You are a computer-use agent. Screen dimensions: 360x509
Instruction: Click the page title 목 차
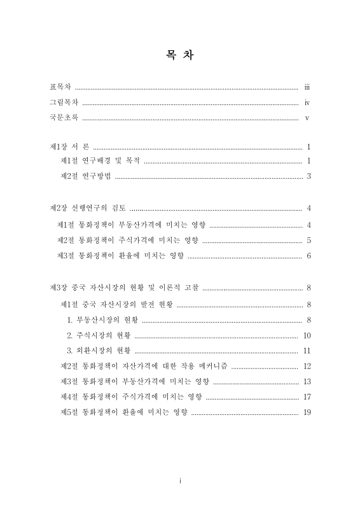180,55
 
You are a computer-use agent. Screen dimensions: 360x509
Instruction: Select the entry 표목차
60,86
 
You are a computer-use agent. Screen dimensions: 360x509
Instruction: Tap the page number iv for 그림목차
307,102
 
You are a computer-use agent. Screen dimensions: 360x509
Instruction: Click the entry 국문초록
64,118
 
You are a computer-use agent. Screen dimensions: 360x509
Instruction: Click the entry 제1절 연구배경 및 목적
100,161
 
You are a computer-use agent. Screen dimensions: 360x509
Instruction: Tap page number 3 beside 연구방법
308,176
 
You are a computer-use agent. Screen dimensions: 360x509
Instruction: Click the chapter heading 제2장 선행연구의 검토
88,208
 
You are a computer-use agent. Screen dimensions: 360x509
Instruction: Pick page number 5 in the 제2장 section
308,241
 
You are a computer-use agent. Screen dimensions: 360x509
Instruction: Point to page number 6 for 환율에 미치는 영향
308,256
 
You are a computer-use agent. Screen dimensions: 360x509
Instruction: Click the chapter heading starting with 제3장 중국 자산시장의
124,288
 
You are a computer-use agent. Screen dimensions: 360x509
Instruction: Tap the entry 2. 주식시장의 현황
99,335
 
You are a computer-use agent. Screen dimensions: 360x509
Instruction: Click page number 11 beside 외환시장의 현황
307,351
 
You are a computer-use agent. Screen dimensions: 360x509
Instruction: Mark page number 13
307,381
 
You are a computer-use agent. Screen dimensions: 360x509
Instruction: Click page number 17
307,396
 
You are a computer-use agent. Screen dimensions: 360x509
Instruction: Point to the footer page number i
180,481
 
